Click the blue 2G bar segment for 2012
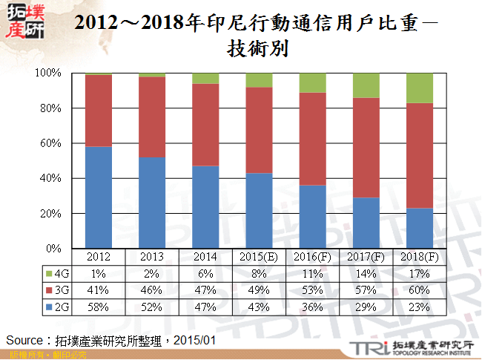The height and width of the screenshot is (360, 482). pyautogui.click(x=99, y=197)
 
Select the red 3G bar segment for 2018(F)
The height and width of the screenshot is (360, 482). pyautogui.click(x=419, y=156)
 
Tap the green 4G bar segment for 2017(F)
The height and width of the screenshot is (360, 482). pyautogui.click(x=366, y=85)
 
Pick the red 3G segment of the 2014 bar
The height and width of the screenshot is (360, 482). pyautogui.click(x=205, y=125)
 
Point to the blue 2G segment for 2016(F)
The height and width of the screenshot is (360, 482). pyautogui.click(x=312, y=216)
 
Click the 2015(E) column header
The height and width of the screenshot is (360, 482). pyautogui.click(x=259, y=257)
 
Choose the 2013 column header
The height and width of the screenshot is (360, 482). pyautogui.click(x=152, y=257)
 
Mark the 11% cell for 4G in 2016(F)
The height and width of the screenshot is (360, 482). pyautogui.click(x=312, y=274)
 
